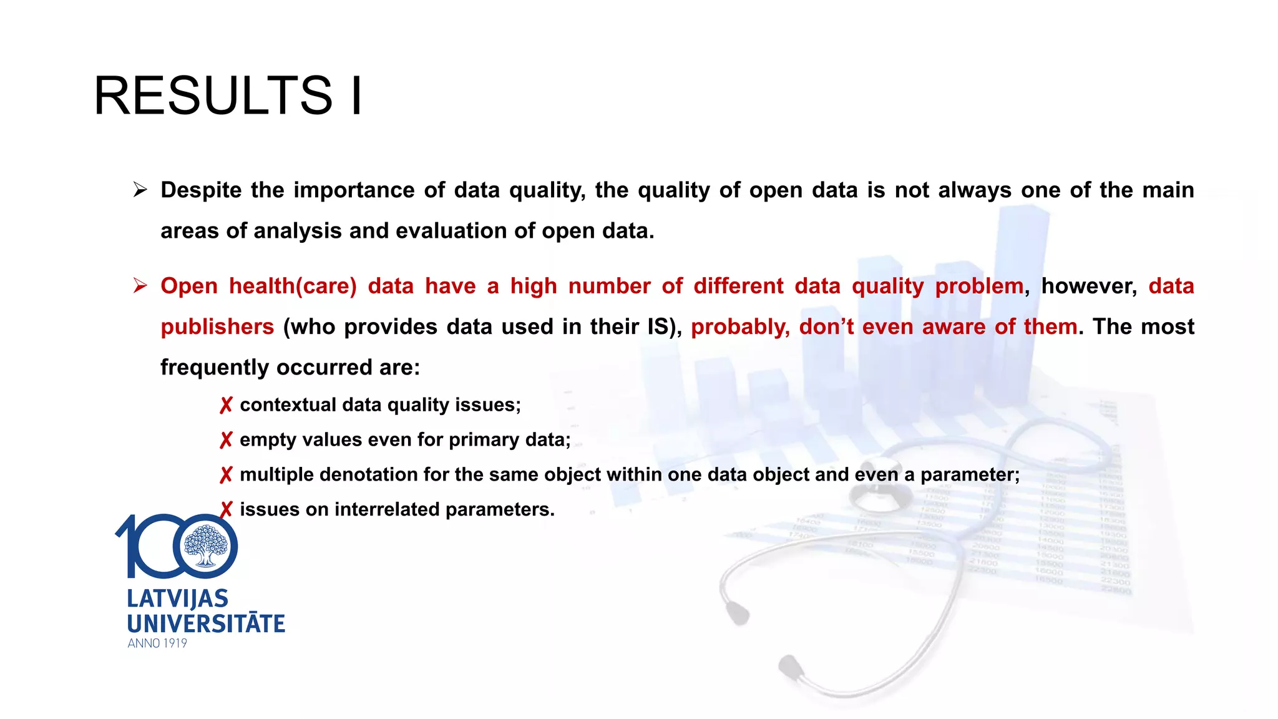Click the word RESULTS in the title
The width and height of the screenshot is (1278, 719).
point(213,95)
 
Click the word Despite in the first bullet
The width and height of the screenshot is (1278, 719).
point(201,190)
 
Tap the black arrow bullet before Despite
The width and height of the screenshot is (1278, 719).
point(140,190)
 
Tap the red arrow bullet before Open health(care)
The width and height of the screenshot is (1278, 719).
point(140,286)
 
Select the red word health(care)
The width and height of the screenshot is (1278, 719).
point(293,286)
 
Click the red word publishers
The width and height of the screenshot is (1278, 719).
point(217,326)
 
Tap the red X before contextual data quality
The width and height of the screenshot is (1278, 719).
point(226,406)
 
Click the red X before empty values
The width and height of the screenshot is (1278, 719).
point(226,441)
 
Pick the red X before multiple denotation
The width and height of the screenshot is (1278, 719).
point(226,476)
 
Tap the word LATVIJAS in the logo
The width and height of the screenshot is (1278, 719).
point(178,599)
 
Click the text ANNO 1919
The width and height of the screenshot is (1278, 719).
point(157,643)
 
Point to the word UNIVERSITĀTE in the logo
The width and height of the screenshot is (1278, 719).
point(206,624)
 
